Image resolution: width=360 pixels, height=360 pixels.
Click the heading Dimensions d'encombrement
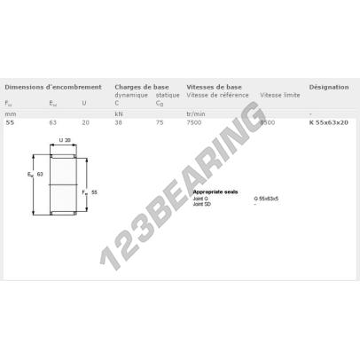point(52,88)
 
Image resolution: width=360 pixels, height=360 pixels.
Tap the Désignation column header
point(329,88)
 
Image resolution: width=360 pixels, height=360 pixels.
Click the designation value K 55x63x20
point(328,121)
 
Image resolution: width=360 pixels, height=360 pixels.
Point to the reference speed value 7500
point(194,121)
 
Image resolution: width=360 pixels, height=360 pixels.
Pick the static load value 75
point(160,121)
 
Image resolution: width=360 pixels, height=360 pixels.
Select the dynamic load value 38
point(119,121)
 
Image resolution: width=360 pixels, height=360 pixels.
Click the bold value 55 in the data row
point(10,121)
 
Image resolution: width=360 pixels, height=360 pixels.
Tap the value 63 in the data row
point(53,121)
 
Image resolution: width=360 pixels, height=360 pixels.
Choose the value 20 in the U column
point(85,121)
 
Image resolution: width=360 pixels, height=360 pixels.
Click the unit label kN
point(119,113)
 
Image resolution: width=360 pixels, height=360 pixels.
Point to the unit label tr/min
point(196,113)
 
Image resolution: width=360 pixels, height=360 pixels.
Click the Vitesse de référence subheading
point(217,95)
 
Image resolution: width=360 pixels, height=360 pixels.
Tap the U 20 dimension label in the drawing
point(64,140)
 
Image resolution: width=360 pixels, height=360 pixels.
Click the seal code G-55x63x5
point(266,199)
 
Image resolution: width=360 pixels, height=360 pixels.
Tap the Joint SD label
point(202,205)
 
